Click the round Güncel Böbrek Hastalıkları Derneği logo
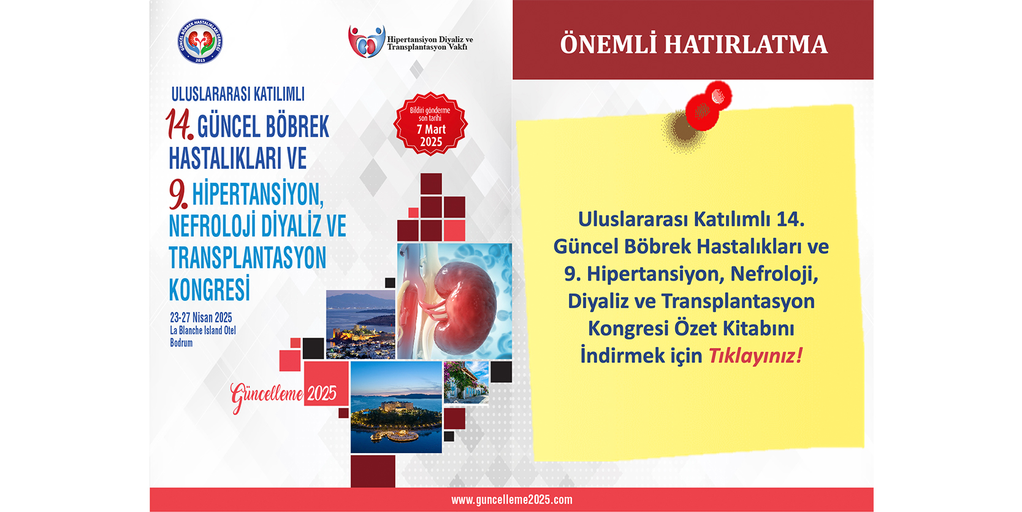coord(200,41)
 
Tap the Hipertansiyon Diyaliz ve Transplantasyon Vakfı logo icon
coord(366,42)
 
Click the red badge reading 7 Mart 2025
coord(430,124)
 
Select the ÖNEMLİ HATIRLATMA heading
coord(693,44)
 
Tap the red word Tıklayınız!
coord(755,356)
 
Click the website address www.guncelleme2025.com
coord(511,500)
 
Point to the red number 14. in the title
coord(179,124)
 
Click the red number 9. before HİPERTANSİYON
coord(178,193)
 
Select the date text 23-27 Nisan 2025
coord(200,317)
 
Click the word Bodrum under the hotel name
coord(181,343)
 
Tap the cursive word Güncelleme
coord(267,395)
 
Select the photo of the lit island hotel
coord(396,407)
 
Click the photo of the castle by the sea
coord(360,325)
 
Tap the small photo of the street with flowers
coord(467,382)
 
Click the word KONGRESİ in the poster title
coord(210,288)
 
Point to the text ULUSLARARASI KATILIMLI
coord(238,94)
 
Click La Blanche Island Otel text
coord(202,330)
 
